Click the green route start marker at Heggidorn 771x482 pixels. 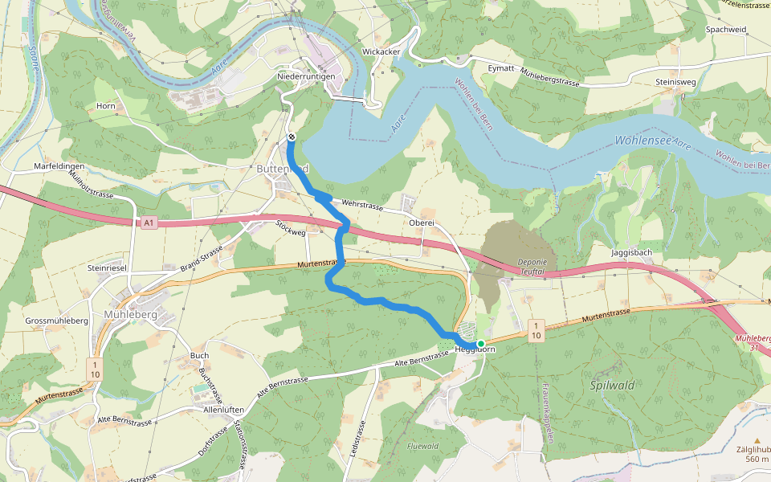pos(480,344)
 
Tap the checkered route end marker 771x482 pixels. pos(291,137)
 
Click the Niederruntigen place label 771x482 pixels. pos(306,76)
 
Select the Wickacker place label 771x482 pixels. pos(381,51)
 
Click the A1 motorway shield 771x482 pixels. pos(149,223)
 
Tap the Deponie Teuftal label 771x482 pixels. pos(532,267)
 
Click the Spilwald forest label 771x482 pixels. pos(613,386)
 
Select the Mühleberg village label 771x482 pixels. pos(130,315)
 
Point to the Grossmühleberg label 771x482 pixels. pos(56,321)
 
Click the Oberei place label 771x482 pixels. pos(421,223)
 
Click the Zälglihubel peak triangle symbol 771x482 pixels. pos(756,440)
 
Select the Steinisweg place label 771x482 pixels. pos(674,81)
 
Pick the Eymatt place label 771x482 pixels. pos(501,69)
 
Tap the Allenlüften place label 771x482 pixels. pos(223,410)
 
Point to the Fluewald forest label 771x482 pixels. pos(422,446)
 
